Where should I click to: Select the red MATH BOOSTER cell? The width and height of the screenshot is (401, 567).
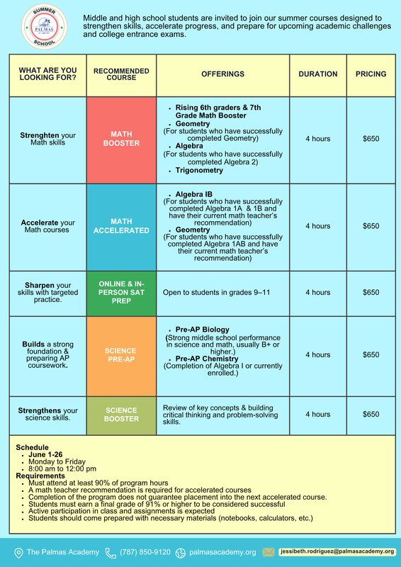click(121, 138)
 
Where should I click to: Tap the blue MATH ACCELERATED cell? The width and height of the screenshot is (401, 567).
click(121, 226)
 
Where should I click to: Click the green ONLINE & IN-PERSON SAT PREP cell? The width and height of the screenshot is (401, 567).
click(121, 292)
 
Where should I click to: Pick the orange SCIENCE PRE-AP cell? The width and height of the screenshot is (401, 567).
click(121, 355)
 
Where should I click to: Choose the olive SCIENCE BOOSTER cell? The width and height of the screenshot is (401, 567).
click(121, 414)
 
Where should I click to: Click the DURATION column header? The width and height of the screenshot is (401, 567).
click(317, 74)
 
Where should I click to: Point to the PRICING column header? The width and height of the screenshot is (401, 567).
click(371, 74)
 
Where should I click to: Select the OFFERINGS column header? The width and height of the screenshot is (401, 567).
click(222, 74)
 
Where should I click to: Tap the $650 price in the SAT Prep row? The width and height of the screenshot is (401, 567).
click(371, 292)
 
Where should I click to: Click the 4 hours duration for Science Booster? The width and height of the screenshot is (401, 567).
click(317, 414)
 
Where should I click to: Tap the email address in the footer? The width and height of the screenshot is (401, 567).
click(337, 551)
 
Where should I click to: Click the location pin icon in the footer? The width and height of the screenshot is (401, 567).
click(18, 552)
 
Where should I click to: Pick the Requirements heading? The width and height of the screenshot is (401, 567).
click(41, 476)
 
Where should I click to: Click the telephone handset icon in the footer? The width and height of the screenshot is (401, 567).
click(111, 552)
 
